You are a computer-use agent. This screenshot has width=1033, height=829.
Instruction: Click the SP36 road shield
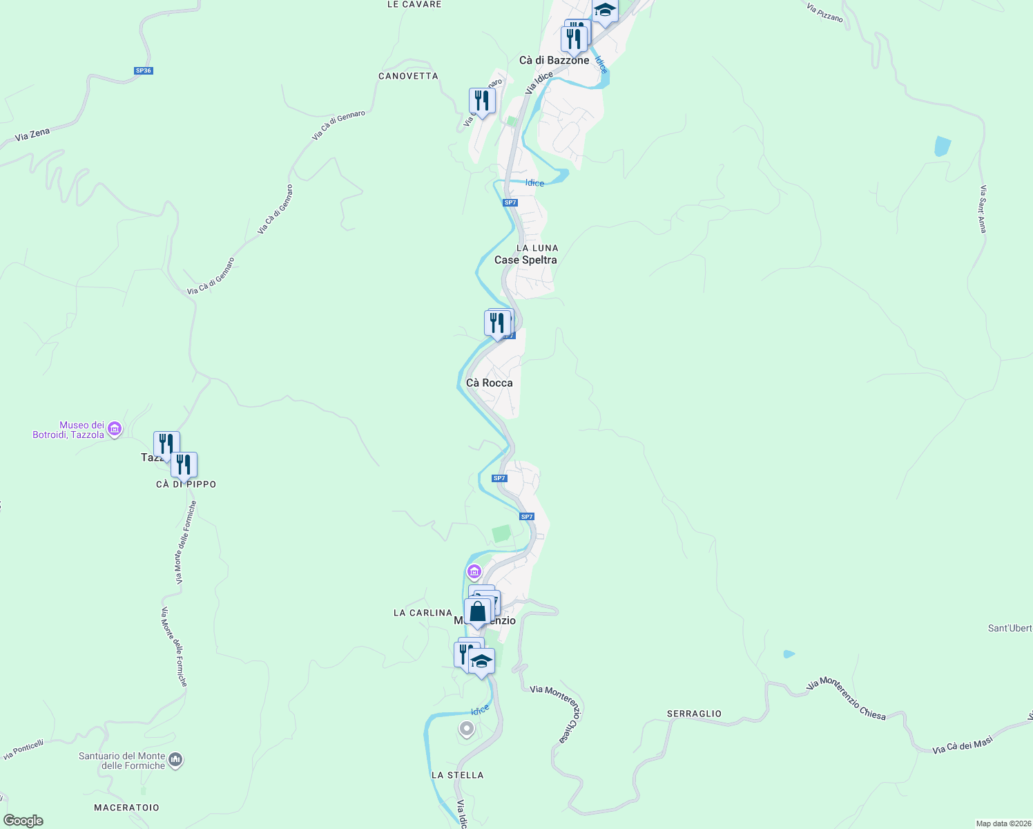143,70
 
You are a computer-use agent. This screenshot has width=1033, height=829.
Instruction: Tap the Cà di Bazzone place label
554,60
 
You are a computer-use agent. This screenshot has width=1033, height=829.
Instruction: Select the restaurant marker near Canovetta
481,102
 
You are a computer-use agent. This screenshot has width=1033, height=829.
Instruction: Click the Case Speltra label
525,260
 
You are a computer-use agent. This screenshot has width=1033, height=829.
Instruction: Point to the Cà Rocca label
489,383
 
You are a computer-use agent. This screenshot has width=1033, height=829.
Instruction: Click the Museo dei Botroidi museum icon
115,430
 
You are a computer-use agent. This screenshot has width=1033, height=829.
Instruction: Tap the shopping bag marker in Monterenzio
477,612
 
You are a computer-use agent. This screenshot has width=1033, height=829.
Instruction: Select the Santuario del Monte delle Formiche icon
175,761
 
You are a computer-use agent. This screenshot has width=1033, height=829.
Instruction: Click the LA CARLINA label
423,613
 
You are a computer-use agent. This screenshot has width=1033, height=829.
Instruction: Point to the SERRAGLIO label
694,714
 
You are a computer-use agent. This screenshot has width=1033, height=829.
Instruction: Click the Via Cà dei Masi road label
962,745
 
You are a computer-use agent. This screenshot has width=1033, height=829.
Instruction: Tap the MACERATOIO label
126,808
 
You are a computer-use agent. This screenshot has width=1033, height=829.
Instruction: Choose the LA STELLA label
457,775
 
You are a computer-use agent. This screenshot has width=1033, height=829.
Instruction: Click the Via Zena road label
32,135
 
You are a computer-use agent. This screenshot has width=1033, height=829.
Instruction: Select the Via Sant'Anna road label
982,209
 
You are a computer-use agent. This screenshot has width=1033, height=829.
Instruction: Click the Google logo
23,821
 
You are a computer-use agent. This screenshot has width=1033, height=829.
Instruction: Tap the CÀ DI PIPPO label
186,484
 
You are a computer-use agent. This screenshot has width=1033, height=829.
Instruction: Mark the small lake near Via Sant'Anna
942,146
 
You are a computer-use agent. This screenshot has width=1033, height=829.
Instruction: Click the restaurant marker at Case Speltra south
496,323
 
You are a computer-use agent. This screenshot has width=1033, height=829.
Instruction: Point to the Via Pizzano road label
824,12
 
